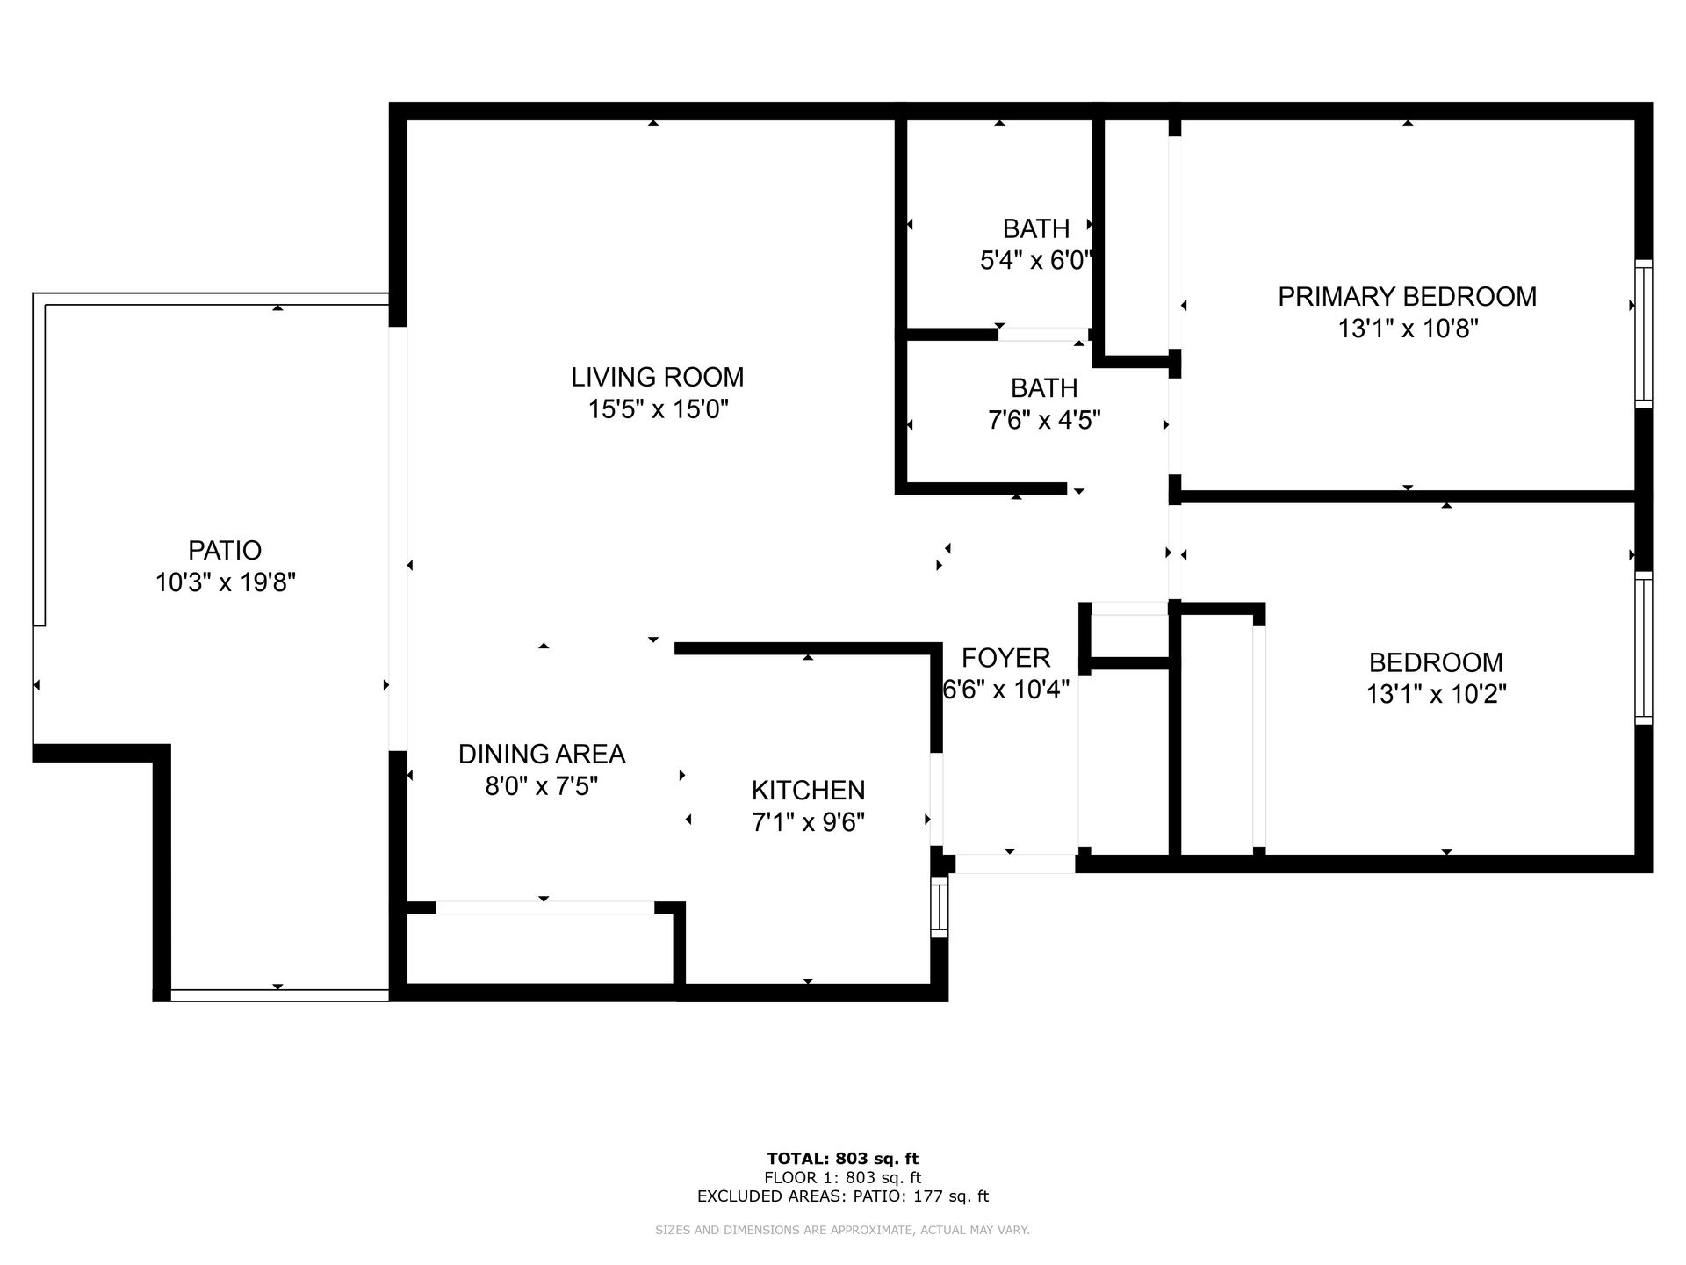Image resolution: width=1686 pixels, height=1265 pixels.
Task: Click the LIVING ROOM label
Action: tap(657, 377)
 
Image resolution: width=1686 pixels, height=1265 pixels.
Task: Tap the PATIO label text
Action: tap(225, 550)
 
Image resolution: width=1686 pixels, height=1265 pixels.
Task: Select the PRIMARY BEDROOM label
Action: tap(1407, 297)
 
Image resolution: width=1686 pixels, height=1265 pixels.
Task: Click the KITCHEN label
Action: tap(808, 791)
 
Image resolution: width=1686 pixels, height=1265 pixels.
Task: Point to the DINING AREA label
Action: tap(542, 754)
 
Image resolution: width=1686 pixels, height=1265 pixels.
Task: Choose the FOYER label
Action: tap(1005, 658)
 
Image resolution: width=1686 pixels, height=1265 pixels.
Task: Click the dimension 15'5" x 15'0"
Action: tap(659, 409)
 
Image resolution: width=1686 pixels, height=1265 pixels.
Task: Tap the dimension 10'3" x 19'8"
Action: tap(226, 582)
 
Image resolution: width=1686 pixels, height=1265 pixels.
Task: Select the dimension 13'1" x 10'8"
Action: tap(1408, 329)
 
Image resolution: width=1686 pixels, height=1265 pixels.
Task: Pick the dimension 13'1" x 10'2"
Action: tap(1436, 694)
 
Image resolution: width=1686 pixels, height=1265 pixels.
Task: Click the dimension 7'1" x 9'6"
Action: tap(809, 822)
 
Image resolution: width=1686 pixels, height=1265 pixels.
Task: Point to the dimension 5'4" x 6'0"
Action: tap(1036, 261)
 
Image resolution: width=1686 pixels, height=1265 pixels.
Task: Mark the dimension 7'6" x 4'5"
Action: tap(1044, 420)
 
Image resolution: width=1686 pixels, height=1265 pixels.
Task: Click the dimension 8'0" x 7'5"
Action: tap(542, 785)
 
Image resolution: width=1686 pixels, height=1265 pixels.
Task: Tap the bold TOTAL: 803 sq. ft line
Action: tap(843, 1159)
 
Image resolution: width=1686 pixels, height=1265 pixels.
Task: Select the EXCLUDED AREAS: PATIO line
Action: tap(843, 1196)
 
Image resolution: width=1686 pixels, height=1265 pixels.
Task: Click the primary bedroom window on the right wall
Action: tap(1643, 333)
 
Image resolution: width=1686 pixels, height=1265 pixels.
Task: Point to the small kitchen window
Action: tap(940, 906)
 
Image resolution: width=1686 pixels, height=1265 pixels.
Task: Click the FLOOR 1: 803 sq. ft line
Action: tap(843, 1178)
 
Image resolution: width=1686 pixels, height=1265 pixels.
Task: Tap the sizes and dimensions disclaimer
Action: tap(843, 1231)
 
